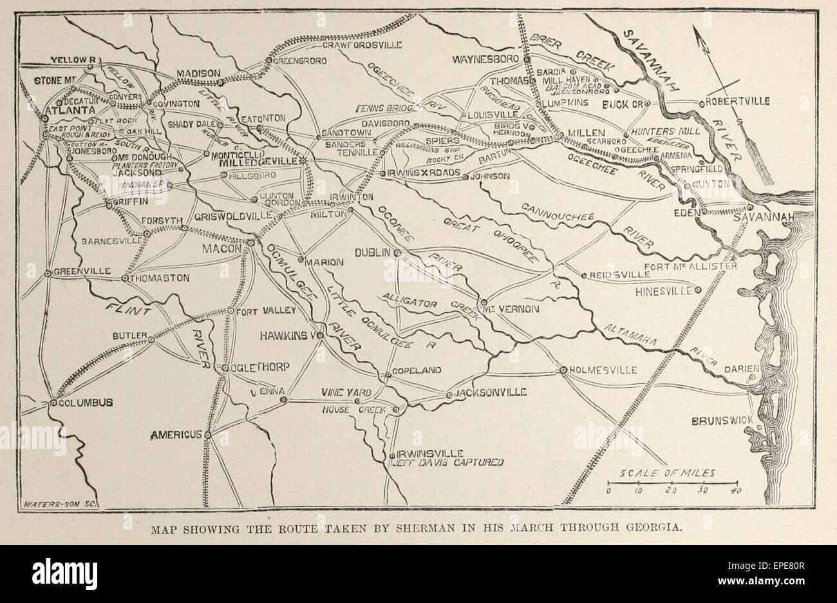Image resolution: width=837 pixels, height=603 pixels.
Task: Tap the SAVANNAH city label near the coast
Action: [x=772, y=218]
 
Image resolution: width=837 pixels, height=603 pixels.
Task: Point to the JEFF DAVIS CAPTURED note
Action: [x=445, y=462]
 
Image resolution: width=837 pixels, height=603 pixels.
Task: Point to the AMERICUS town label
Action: [x=176, y=436]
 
